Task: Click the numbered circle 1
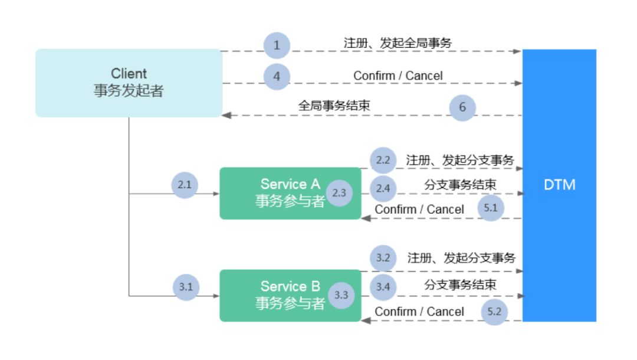[x=277, y=45]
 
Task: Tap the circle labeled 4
[x=277, y=76]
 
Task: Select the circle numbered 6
[x=462, y=107]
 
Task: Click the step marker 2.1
[x=185, y=185]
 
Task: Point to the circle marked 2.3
[x=339, y=193]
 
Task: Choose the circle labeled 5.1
[x=491, y=209]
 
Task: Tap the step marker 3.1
[x=186, y=287]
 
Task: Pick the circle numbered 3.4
[x=383, y=287]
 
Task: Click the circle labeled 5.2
[x=494, y=312]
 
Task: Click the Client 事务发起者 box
[x=129, y=83]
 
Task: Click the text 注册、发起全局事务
[x=398, y=43]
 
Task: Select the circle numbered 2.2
[x=383, y=161]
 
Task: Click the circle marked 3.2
[x=383, y=258]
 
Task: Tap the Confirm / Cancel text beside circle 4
[x=398, y=76]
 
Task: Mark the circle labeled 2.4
[x=383, y=188]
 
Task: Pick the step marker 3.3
[x=341, y=295]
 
